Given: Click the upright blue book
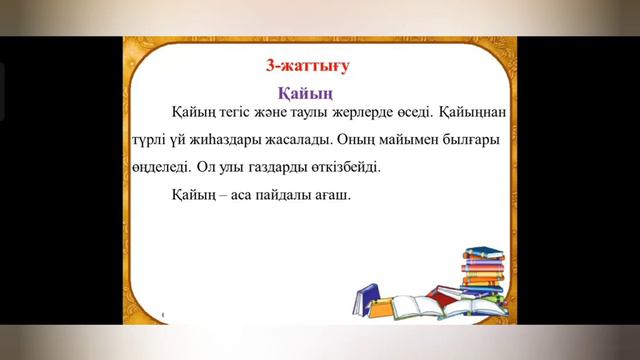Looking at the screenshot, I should click(366, 299).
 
